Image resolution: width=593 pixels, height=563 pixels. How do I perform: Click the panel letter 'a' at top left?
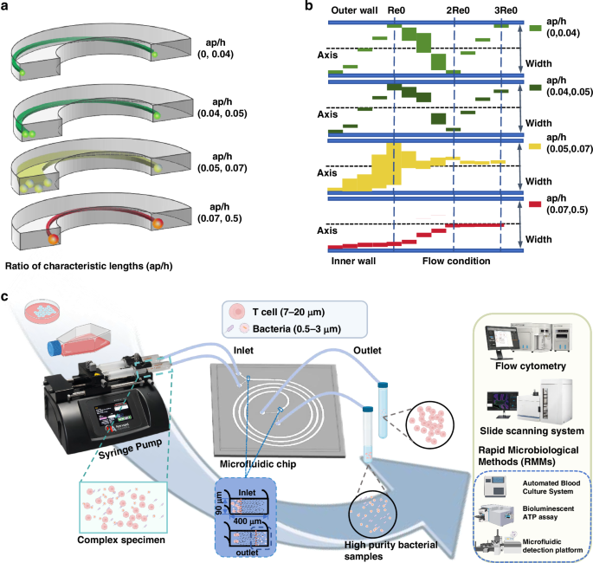pyautogui.click(x=8, y=7)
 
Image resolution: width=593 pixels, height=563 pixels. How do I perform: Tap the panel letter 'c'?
pyautogui.click(x=7, y=295)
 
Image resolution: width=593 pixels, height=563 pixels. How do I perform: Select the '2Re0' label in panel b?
pyautogui.click(x=458, y=10)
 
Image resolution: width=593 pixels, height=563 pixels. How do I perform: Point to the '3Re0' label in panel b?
pyautogui.click(x=506, y=10)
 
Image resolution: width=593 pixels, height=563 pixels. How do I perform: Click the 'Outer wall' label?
pyautogui.click(x=355, y=10)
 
